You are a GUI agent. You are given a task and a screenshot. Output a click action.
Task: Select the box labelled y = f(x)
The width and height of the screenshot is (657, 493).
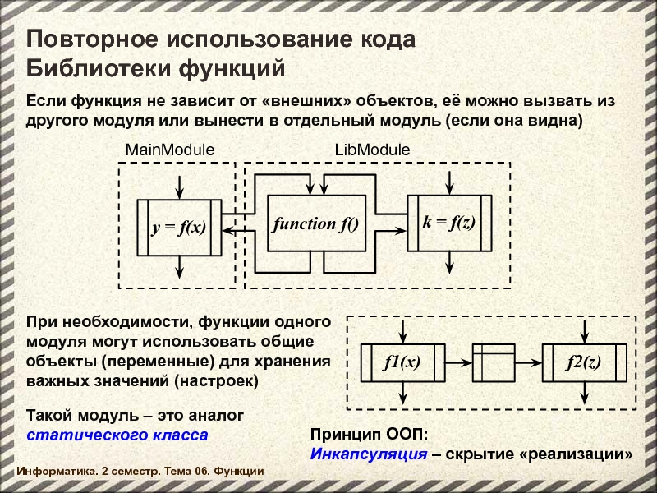pyautogui.click(x=178, y=228)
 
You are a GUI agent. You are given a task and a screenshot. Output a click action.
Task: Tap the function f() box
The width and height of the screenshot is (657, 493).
pyautogui.click(x=316, y=223)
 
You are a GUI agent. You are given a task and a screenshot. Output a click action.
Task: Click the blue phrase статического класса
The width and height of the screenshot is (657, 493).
pyautogui.click(x=117, y=434)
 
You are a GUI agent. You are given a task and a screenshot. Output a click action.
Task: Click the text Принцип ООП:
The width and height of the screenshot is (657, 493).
pyautogui.click(x=369, y=435)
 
